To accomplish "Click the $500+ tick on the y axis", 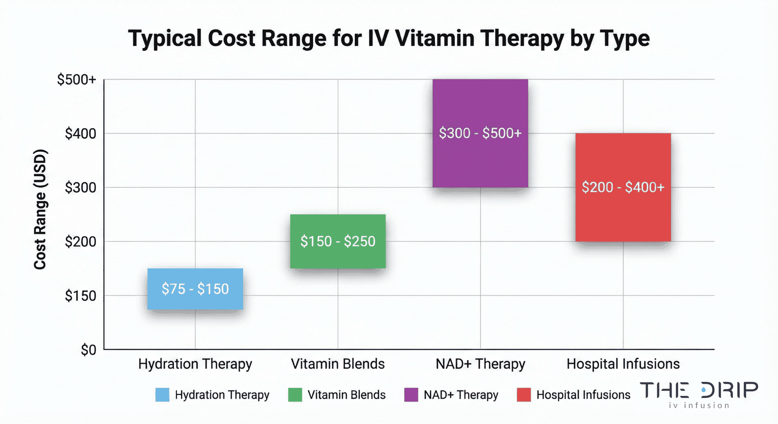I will tap(76, 80).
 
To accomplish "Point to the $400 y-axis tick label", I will tap(80, 134).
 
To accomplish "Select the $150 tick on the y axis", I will tap(80, 296).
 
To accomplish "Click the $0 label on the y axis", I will tap(88, 350).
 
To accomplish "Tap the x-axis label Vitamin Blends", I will tap(338, 364).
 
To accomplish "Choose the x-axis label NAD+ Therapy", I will tap(480, 364).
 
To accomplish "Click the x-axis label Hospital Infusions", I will tap(623, 364).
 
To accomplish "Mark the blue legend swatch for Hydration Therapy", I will tap(162, 395).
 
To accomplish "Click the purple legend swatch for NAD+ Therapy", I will tap(411, 395).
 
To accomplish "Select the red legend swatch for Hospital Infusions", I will tap(524, 395).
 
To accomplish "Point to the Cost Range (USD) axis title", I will tap(40, 210).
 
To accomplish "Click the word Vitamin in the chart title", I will tap(435, 38).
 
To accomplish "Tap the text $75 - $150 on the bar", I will tap(195, 289).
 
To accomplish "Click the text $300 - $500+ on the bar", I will tap(480, 133).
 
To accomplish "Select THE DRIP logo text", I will tap(699, 390).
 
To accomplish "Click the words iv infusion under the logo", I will tap(699, 405).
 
